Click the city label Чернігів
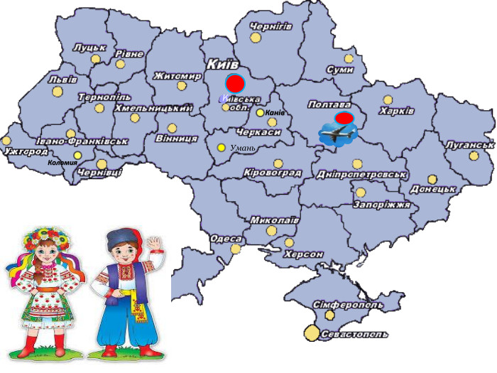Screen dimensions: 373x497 pyautogui.click(x=271, y=26)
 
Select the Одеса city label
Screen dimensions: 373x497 pyautogui.click(x=225, y=239)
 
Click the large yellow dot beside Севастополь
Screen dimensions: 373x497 pyautogui.click(x=312, y=332)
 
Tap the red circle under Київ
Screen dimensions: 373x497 pyautogui.click(x=234, y=82)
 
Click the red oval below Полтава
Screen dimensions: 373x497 pyautogui.click(x=344, y=117)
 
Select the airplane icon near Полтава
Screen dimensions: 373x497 pyautogui.click(x=338, y=133)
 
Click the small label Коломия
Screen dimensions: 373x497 pyautogui.click(x=62, y=163)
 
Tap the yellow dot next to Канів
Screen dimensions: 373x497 pyautogui.click(x=261, y=113)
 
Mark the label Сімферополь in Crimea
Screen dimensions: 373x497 pyautogui.click(x=348, y=304)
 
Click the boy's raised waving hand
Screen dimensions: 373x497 pyautogui.click(x=155, y=245)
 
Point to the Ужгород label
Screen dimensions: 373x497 pyautogui.click(x=26, y=151)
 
